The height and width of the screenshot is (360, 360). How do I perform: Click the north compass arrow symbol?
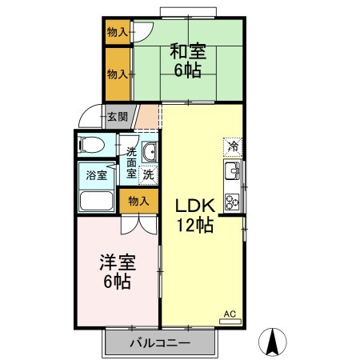(273, 342)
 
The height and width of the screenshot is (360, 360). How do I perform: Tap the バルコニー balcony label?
(160, 342)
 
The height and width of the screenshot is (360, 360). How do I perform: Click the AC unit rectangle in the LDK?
(230, 322)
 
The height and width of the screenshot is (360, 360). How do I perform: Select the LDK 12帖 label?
(195, 215)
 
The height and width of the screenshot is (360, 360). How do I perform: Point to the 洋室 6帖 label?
(118, 272)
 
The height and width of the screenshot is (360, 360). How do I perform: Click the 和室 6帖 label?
(188, 60)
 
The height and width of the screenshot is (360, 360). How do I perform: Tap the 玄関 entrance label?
(118, 117)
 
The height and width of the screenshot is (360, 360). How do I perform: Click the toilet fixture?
(90, 145)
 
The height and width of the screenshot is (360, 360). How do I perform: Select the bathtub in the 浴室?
(96, 201)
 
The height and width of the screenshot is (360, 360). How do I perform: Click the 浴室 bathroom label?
(97, 175)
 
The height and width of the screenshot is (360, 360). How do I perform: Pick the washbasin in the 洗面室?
(150, 152)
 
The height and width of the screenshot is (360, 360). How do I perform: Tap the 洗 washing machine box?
(148, 174)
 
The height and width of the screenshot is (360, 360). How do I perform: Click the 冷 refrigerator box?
(233, 146)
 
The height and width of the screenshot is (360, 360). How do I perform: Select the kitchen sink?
(232, 170)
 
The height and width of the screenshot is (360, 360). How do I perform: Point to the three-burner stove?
(232, 202)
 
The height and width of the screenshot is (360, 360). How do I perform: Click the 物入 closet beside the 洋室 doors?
(138, 202)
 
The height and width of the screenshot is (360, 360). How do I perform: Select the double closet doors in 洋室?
(138, 226)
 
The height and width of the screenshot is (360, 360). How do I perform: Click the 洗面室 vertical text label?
(131, 162)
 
